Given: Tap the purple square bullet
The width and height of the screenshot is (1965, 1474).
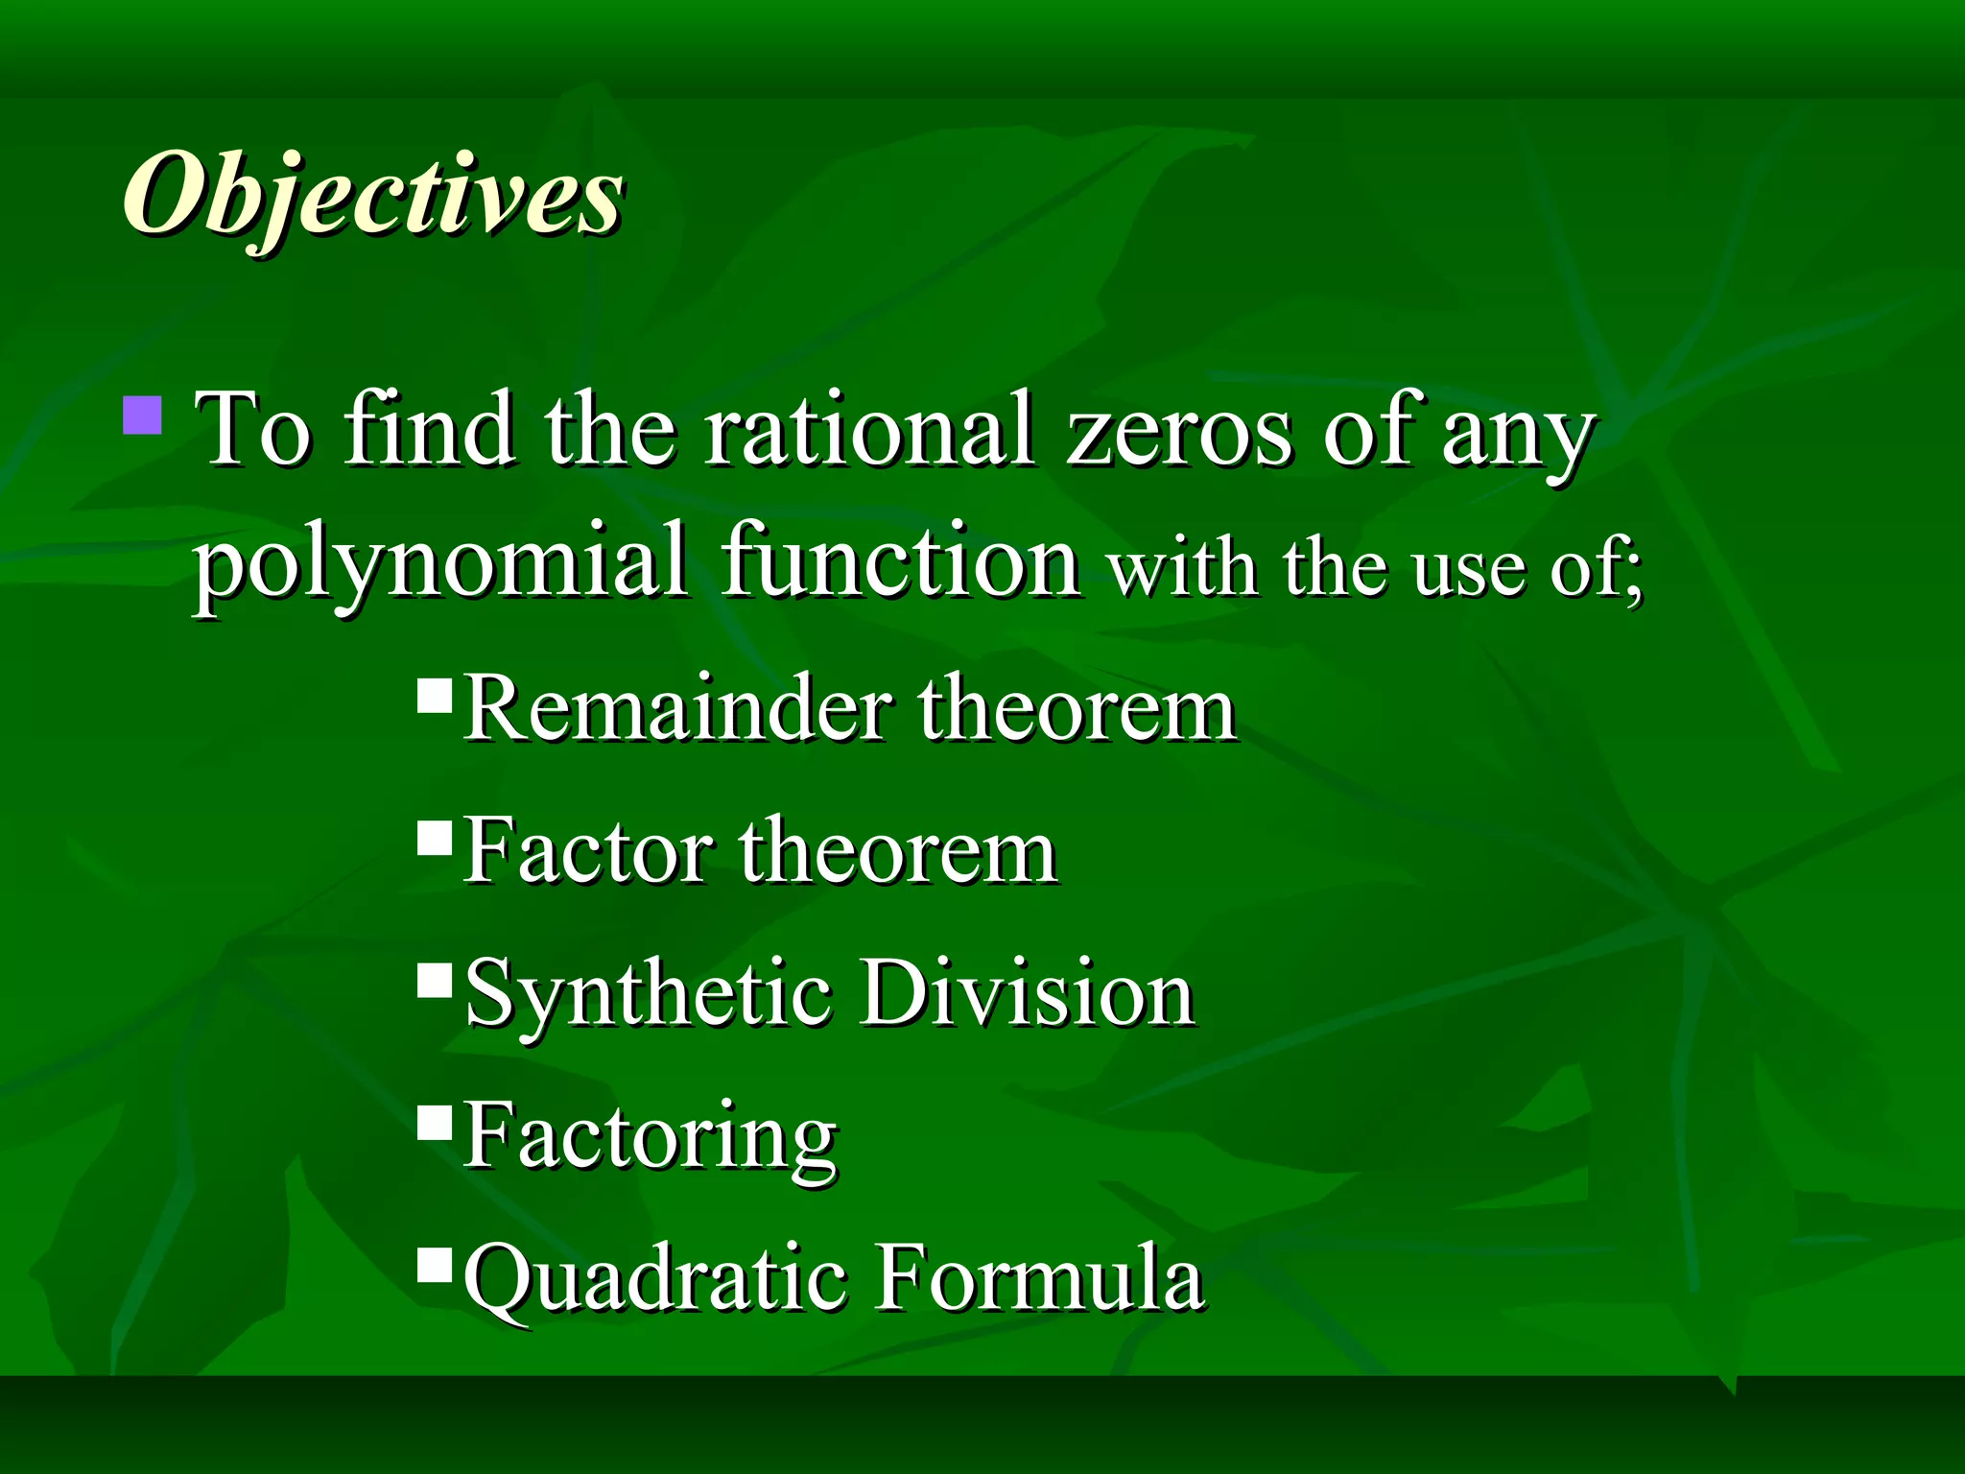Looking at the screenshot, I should [x=143, y=415].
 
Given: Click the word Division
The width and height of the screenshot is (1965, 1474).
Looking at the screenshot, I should [x=1027, y=992].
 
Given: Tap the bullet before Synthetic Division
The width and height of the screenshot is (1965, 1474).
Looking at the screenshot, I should [x=435, y=980].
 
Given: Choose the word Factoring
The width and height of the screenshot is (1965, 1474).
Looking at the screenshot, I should [x=651, y=1138].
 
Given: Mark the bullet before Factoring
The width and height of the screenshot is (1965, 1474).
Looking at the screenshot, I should [x=435, y=1122].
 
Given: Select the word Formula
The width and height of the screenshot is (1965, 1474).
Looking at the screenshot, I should [x=1040, y=1276].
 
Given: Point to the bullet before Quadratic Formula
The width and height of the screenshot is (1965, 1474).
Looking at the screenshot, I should [x=435, y=1264].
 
